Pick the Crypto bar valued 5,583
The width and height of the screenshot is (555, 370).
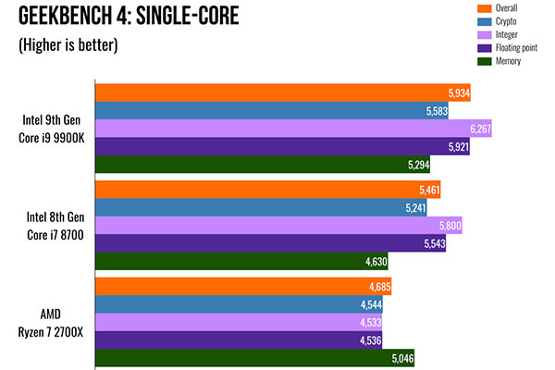(268, 110)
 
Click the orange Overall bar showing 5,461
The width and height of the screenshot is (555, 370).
(259, 190)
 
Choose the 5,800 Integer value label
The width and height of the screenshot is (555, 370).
(448, 226)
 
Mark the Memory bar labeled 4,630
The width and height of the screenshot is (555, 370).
(240, 262)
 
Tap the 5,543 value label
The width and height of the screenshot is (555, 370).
(431, 243)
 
